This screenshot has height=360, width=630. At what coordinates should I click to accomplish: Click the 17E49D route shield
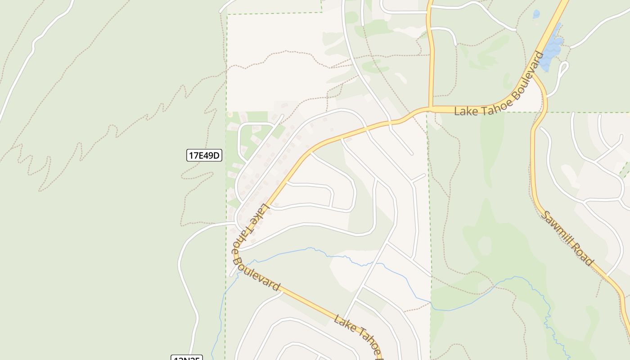[x=204, y=156]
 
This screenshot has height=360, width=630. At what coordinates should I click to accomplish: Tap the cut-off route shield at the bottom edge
[x=186, y=358]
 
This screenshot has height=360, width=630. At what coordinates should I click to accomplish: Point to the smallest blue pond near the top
[x=536, y=14]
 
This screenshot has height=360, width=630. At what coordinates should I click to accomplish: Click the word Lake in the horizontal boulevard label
[x=464, y=111]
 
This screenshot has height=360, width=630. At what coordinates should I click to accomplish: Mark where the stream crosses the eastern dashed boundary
[x=431, y=302]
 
